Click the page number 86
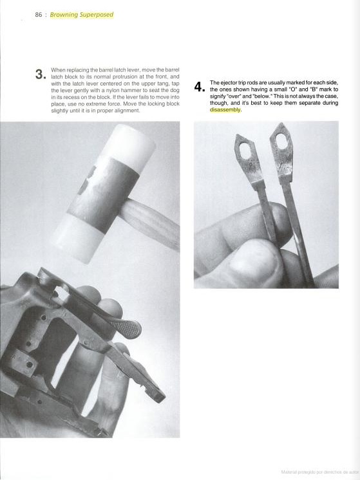click(x=38, y=15)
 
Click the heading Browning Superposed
click(x=82, y=15)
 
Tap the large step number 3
click(x=41, y=75)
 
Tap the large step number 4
click(x=199, y=88)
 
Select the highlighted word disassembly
click(x=225, y=110)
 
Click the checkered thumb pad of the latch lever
click(x=129, y=328)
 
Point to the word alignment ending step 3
click(x=128, y=111)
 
